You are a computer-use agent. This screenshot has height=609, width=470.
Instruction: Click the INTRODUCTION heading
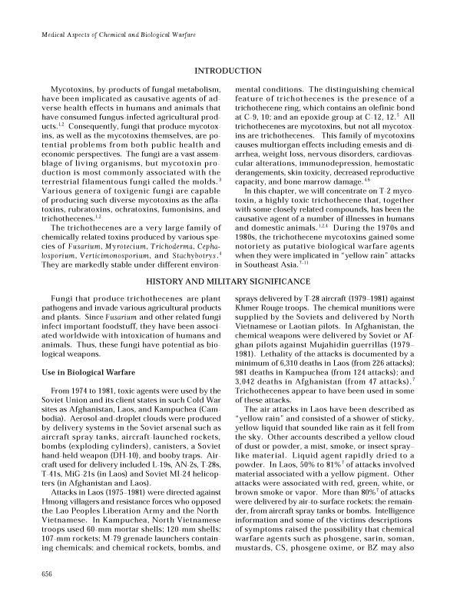point(234,71)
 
